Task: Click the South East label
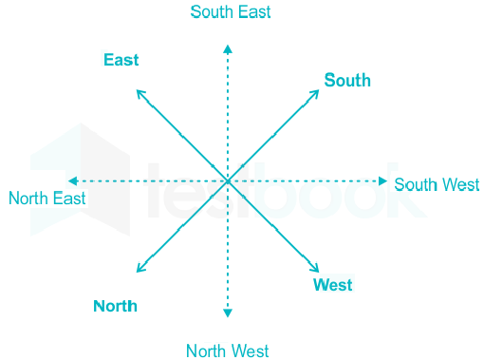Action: [x=231, y=12]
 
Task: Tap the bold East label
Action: [x=121, y=60]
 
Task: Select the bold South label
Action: [x=347, y=80]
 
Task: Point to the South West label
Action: [x=437, y=184]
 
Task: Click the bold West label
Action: [x=333, y=285]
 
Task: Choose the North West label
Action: [x=228, y=351]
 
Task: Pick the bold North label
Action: [x=115, y=306]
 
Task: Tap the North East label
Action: [x=47, y=199]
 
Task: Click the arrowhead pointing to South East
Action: [x=228, y=48]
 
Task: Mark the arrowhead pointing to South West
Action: [x=383, y=181]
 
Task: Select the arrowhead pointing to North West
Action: [x=228, y=313]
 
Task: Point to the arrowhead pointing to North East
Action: [x=73, y=181]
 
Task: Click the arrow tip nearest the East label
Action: [x=137, y=90]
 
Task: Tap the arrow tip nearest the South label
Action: [x=319, y=90]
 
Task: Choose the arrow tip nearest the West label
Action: [x=319, y=272]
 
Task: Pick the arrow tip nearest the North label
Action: [x=137, y=272]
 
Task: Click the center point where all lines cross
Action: [x=228, y=181]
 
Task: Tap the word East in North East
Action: [x=69, y=199]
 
